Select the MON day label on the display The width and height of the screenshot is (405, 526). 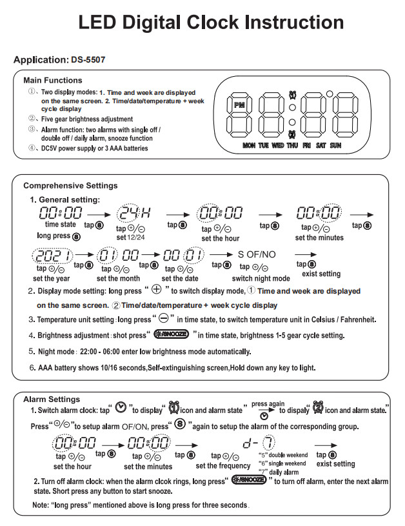tap(250, 146)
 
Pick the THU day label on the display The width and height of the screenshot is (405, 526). tap(292, 146)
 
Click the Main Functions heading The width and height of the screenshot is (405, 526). tap(53, 81)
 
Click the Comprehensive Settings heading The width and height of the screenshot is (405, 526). tap(70, 186)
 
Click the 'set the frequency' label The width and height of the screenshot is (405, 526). tap(224, 466)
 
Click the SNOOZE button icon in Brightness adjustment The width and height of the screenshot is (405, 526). tap(171, 335)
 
